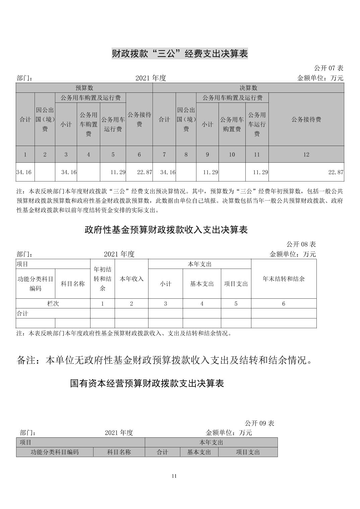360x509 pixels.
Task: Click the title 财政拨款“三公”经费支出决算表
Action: coord(180,54)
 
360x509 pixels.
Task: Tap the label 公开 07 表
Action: coord(328,68)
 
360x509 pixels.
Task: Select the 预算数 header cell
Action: coord(84,88)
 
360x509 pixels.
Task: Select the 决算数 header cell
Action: coord(248,88)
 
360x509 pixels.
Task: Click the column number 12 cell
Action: coord(306,154)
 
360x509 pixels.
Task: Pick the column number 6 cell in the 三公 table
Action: coord(139,154)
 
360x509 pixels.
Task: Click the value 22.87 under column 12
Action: coord(336,172)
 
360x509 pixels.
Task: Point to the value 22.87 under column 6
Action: coord(144,172)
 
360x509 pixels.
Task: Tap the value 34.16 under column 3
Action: coord(69,172)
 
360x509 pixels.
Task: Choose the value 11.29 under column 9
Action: coord(211,172)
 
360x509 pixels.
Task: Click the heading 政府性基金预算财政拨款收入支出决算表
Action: coord(166,230)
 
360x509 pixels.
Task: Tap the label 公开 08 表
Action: coord(301,244)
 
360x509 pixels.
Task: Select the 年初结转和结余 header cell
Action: coord(102,279)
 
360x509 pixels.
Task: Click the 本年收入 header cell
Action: coord(131,279)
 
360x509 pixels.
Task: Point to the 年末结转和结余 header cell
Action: coord(284,279)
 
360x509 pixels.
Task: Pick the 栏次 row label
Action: coord(53,303)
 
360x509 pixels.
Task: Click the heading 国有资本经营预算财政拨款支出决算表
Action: coord(147,383)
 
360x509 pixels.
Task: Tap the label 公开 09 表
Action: coord(259,423)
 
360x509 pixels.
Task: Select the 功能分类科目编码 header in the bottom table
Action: coord(55,452)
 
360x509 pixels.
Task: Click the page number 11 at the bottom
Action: coord(174,476)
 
